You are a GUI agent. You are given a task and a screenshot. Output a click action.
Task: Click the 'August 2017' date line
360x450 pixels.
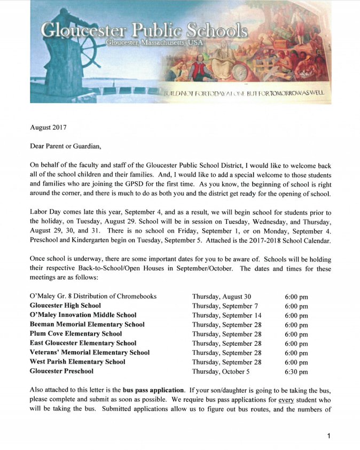pos(49,127)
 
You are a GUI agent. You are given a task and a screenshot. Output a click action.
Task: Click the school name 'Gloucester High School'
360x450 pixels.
pos(65,306)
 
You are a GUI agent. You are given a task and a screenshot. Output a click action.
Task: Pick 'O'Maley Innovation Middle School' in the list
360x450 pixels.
pos(83,315)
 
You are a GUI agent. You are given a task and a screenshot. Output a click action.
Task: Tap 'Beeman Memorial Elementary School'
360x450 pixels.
pos(87,324)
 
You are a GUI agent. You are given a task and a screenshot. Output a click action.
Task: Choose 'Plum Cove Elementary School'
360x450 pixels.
pos(76,333)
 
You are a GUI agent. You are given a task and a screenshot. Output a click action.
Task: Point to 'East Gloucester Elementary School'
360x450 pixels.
pos(83,343)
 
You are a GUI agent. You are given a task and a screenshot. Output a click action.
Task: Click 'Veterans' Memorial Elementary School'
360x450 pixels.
pos(90,352)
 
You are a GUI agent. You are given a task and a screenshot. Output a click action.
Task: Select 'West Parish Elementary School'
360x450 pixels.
pos(77,362)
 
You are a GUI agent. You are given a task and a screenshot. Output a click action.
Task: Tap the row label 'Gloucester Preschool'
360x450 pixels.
pos(61,371)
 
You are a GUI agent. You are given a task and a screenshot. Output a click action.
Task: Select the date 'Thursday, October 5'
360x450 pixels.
pos(221,371)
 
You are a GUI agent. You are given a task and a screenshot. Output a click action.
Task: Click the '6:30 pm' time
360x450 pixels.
pos(296,371)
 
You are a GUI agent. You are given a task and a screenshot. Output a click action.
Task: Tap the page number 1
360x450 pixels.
pos(329,436)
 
